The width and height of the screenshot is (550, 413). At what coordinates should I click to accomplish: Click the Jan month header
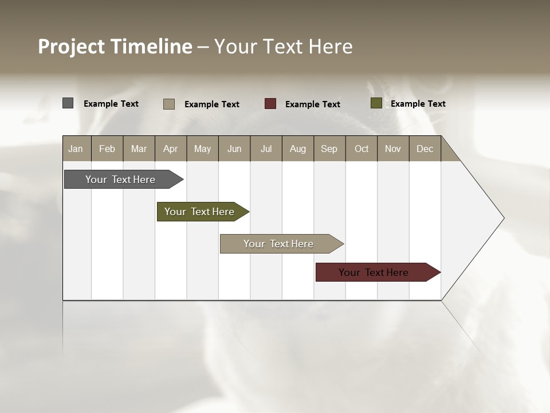point(76,149)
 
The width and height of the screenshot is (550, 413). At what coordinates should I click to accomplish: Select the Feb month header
point(107,149)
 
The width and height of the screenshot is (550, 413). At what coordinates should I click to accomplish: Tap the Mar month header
point(139,149)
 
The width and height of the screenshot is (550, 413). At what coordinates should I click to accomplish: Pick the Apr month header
point(171,149)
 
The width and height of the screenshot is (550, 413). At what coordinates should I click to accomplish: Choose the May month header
point(202,149)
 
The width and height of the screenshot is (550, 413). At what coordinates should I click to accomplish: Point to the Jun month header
point(234,149)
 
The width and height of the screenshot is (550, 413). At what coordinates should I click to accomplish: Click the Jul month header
point(266,149)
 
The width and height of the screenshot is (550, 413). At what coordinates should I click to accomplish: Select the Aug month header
point(298,149)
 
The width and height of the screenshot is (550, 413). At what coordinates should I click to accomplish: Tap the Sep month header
point(329,149)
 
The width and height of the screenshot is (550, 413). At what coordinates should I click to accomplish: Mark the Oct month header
point(362,149)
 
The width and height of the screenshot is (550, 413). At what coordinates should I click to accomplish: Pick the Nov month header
point(393,149)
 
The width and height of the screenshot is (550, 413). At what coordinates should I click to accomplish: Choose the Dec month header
point(425,149)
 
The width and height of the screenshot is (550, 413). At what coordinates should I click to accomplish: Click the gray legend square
point(68,103)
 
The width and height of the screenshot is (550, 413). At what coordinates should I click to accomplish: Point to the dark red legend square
point(270,104)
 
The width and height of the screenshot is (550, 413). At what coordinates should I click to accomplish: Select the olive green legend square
point(376,103)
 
